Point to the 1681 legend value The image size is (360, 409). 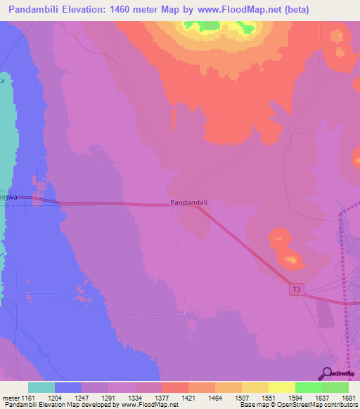point(348,398)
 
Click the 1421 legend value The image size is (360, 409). point(188,398)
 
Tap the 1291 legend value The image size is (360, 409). point(108,398)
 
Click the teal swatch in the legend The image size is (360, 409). point(41,387)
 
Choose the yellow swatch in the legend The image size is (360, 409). point(281,387)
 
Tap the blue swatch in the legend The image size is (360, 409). point(67,387)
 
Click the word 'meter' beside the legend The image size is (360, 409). point(10,398)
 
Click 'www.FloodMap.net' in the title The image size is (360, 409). point(238,10)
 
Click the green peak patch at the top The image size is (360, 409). point(208,27)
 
